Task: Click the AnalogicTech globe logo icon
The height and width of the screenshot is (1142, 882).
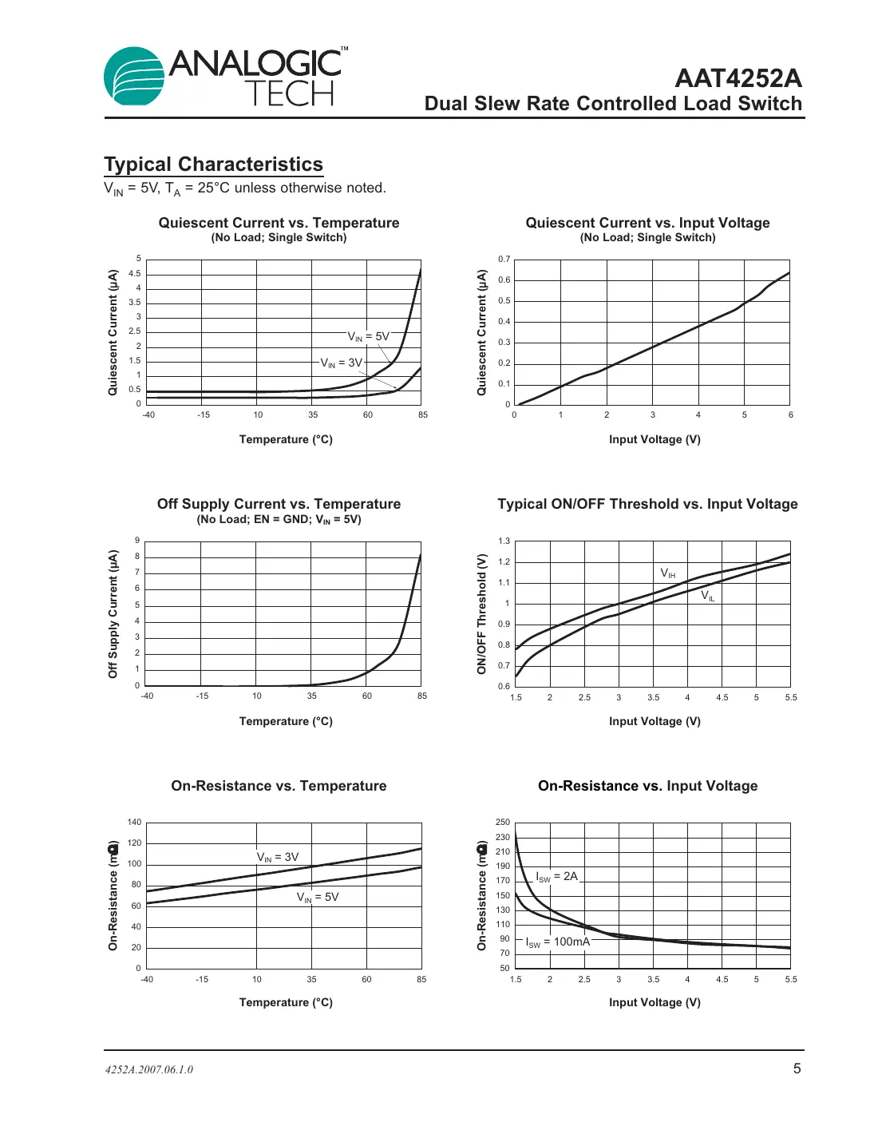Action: pyautogui.click(x=134, y=76)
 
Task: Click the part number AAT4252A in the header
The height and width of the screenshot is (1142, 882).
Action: pyautogui.click(x=738, y=78)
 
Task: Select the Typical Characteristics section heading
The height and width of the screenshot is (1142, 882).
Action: pyautogui.click(x=213, y=165)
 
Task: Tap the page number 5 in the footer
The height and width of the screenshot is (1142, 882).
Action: pyautogui.click(x=797, y=1069)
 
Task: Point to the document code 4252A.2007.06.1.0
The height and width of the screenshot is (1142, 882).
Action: pyautogui.click(x=149, y=1069)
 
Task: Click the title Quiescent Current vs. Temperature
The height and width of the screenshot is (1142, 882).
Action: pyautogui.click(x=279, y=223)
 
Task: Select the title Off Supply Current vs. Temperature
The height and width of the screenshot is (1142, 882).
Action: pyautogui.click(x=279, y=504)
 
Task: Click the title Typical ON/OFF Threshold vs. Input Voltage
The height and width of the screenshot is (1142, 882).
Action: pyautogui.click(x=647, y=504)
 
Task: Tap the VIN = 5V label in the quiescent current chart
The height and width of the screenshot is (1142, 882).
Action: pyautogui.click(x=369, y=337)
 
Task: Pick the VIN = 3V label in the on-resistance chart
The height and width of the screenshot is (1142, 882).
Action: pyautogui.click(x=278, y=857)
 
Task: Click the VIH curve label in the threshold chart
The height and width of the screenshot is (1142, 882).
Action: pyautogui.click(x=668, y=573)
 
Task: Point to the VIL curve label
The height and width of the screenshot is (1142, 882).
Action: pyautogui.click(x=708, y=596)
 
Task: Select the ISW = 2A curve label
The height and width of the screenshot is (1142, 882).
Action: pyautogui.click(x=556, y=877)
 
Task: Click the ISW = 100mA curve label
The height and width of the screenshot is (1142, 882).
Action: pyautogui.click(x=558, y=942)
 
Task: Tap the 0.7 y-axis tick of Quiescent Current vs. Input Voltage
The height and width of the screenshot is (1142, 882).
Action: pyautogui.click(x=504, y=260)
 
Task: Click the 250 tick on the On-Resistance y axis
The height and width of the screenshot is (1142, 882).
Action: pyautogui.click(x=502, y=822)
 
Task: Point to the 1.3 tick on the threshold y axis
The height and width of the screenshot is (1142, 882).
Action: pyautogui.click(x=504, y=541)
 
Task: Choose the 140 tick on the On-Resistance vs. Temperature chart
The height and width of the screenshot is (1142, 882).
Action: pyautogui.click(x=134, y=822)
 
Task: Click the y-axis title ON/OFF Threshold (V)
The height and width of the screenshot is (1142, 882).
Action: pyautogui.click(x=481, y=613)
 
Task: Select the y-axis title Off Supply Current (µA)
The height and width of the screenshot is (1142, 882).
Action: pyautogui.click(x=113, y=613)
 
